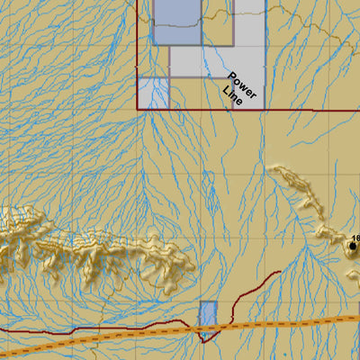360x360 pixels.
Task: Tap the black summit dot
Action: pos(353,245)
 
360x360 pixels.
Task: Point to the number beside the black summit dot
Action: pos(356,237)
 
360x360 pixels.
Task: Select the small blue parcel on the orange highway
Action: pos(208,319)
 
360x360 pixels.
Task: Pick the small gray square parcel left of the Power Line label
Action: pos(153,93)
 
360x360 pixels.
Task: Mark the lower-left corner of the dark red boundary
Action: pos(138,109)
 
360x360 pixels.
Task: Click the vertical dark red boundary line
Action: pos(138,54)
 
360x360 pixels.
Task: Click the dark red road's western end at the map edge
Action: pos(3,329)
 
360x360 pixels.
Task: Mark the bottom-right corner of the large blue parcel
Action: pos(200,44)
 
